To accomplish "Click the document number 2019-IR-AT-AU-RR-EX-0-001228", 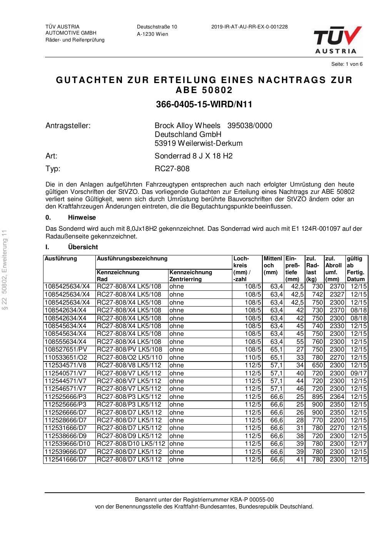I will click(249, 27).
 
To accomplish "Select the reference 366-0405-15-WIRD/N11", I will click(204, 105).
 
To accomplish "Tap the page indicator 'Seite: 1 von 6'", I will click(347, 64).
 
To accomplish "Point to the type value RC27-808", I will click(172, 169).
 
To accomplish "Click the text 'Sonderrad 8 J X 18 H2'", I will click(194, 156).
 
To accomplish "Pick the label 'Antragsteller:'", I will click(68, 126).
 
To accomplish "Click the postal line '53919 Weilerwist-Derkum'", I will click(199, 143).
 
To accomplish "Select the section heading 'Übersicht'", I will click(83, 247).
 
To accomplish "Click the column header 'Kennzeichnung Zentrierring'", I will click(190, 276).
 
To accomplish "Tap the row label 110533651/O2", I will click(66, 358).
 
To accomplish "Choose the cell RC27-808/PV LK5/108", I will click(129, 350).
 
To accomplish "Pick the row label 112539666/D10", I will click(67, 444).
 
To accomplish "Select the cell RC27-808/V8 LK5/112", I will click(129, 365).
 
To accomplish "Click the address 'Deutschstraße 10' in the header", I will click(157, 27).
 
